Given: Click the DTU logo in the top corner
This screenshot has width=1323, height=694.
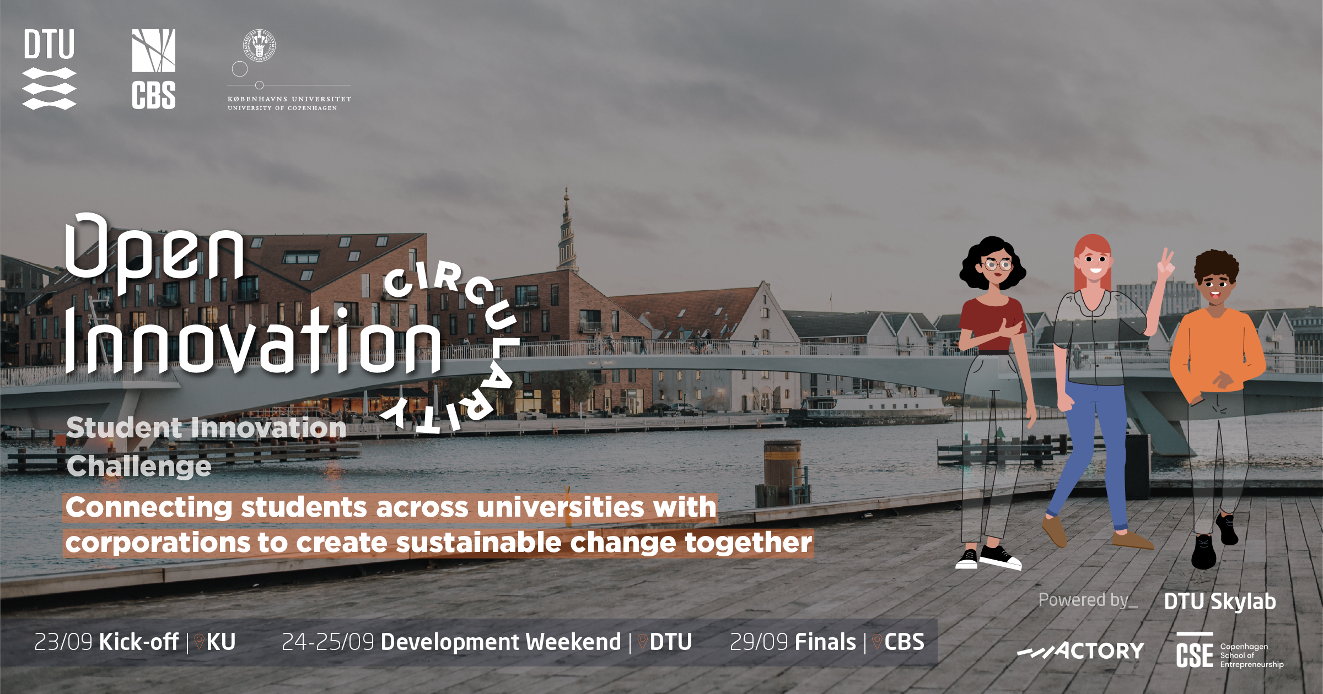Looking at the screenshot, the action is (x=49, y=69).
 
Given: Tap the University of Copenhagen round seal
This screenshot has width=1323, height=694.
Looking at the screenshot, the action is (x=259, y=45).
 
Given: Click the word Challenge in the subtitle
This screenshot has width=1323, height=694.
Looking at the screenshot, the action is (x=139, y=467).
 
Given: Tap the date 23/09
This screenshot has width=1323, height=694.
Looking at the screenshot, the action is (x=63, y=642).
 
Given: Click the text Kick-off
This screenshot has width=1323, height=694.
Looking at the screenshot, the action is (x=138, y=642).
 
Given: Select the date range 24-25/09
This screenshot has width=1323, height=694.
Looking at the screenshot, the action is (x=328, y=642).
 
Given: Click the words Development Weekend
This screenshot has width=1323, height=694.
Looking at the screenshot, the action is (x=501, y=642).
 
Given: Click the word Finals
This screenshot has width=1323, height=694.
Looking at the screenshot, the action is (x=825, y=642).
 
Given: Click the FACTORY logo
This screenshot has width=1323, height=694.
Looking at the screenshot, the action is (x=1080, y=651).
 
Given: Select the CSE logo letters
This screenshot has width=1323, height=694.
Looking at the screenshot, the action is (x=1195, y=651).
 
